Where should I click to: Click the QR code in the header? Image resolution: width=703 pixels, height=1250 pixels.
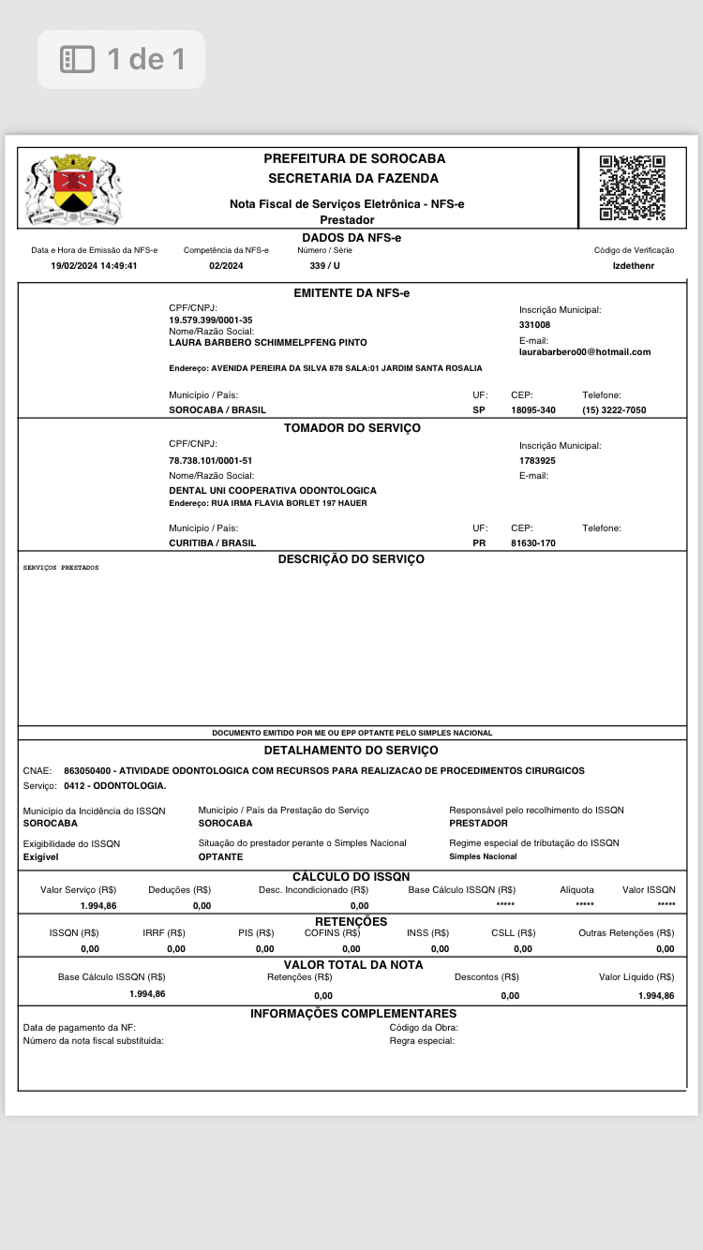tap(633, 187)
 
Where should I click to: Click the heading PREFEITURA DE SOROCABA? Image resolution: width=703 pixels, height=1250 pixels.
tap(354, 158)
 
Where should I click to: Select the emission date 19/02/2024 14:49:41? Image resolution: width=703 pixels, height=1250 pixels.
tap(94, 266)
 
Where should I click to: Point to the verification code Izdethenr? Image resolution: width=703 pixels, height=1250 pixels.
tap(634, 266)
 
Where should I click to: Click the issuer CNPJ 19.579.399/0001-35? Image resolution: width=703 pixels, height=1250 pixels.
tap(211, 320)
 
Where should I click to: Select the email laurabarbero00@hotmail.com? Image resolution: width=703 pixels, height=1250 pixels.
tap(585, 352)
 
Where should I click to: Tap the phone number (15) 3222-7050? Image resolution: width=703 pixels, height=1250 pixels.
tap(614, 410)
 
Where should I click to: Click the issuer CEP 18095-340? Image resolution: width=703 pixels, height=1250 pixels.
tap(533, 410)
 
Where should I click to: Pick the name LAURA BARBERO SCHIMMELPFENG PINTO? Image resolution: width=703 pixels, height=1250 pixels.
tap(268, 343)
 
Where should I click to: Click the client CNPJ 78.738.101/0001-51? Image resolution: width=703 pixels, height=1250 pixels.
tap(211, 461)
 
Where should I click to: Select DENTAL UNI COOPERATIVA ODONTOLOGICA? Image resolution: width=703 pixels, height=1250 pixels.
tap(273, 491)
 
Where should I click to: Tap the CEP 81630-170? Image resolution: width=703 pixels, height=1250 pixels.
tap(533, 543)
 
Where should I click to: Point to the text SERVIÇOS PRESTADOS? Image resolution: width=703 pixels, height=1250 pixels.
tap(61, 568)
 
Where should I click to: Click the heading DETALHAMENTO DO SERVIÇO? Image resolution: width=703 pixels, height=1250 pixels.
tap(351, 751)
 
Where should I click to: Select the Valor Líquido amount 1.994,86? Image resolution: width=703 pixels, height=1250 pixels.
tap(655, 996)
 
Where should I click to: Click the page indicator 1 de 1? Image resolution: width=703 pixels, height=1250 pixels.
tap(122, 60)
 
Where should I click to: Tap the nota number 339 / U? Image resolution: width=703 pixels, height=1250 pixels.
tap(324, 266)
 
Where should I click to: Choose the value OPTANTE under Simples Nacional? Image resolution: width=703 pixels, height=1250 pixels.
tap(220, 857)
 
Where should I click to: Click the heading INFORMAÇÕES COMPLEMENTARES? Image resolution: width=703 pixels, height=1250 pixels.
tap(353, 1014)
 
